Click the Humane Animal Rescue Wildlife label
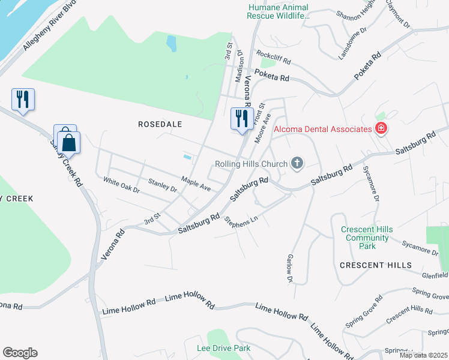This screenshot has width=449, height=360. coord(279,11)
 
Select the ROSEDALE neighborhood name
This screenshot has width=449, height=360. coord(160,124)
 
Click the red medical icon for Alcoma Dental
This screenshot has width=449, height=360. coord(380,128)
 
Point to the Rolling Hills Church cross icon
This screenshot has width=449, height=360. coord(297,163)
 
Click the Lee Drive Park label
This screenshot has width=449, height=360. coord(223,348)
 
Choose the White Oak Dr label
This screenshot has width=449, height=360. coord(121,185)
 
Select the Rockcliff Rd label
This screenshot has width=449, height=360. coord(273,58)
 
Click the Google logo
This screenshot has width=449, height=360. coord(20,353)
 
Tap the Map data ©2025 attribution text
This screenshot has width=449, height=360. coord(423,355)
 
